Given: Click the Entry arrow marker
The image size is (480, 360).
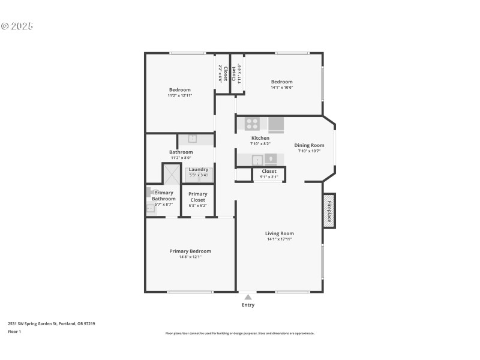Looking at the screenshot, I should pos(248,296).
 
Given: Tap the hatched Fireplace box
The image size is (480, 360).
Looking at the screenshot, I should pos(329,211).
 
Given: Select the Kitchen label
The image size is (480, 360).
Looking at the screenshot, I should pos(260,138).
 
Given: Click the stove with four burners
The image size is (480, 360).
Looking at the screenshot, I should pos(252,124).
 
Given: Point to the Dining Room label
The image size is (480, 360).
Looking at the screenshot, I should pos(309,145).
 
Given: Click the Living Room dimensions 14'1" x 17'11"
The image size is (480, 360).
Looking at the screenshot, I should pos(280,239).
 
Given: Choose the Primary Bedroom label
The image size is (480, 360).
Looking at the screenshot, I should pos(190,251).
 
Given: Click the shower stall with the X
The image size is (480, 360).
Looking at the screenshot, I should pos(172,174).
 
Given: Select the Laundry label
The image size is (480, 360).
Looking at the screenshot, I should pos(198,169).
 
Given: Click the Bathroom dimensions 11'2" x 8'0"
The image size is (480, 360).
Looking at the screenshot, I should pos(181,158).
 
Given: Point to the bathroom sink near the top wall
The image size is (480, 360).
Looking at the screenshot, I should pos(192,139).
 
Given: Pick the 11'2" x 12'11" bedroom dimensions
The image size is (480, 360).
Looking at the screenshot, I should pos(179,95).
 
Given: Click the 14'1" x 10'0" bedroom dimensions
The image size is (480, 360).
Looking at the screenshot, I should pos(281,88).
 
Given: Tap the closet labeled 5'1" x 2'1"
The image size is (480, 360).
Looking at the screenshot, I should pos(269,174).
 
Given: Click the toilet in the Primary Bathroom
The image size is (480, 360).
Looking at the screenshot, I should pos(150,193).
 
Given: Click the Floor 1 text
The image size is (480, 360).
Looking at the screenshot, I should pos(14,331).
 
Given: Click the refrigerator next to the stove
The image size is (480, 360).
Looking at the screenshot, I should pos(276,124).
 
